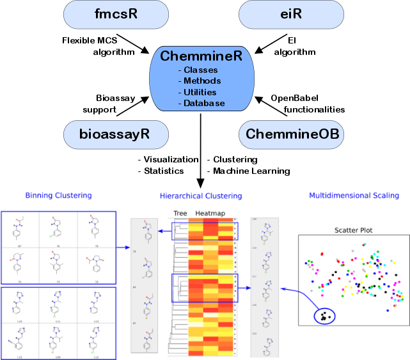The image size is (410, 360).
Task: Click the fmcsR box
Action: (x=116, y=13)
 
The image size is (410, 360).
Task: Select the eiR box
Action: (x=290, y=13)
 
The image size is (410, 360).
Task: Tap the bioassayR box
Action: (x=116, y=135)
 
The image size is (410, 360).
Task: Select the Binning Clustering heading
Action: (x=58, y=195)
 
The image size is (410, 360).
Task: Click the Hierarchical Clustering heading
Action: (x=200, y=196)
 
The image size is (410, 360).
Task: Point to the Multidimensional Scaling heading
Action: (x=354, y=195)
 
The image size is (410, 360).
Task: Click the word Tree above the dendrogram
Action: (x=181, y=213)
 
